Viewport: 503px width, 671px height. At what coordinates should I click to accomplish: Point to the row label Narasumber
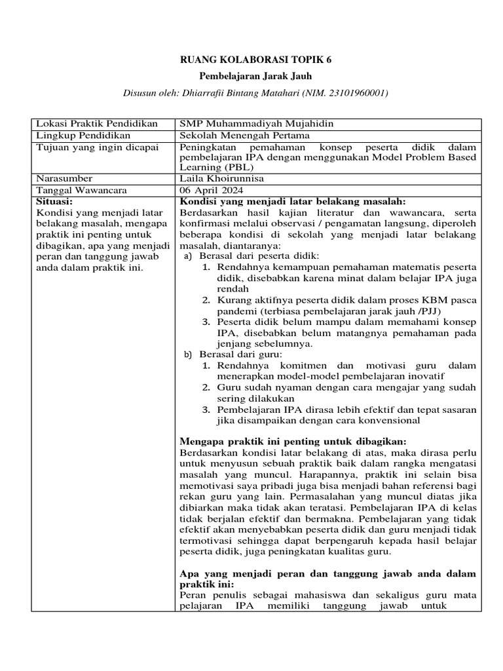click(64, 178)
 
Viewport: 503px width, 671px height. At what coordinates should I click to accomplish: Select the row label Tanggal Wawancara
click(81, 190)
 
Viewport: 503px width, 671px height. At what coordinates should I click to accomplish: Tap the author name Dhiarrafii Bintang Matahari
click(233, 93)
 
